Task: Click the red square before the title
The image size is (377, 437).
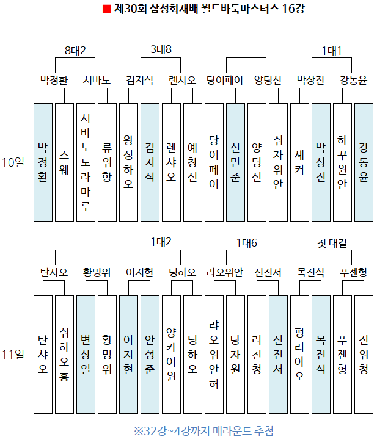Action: (106, 9)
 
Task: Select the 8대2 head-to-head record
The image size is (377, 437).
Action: (75, 50)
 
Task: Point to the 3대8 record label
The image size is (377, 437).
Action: (161, 50)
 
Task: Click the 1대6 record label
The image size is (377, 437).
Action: (247, 243)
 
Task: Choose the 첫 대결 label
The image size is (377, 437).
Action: (332, 243)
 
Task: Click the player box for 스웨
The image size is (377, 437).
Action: (64, 162)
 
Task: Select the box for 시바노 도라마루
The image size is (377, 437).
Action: (86, 162)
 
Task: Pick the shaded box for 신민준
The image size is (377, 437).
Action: (235, 162)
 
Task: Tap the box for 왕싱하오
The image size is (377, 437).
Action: (128, 162)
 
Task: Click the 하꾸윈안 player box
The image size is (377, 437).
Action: (342, 162)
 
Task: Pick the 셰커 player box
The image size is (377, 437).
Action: (299, 162)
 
